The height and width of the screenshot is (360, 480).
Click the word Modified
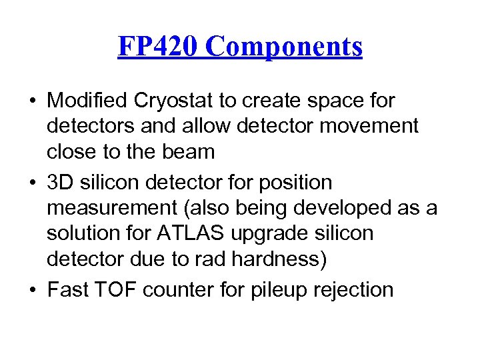coord(89,101)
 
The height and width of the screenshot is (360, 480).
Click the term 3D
coord(59,183)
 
